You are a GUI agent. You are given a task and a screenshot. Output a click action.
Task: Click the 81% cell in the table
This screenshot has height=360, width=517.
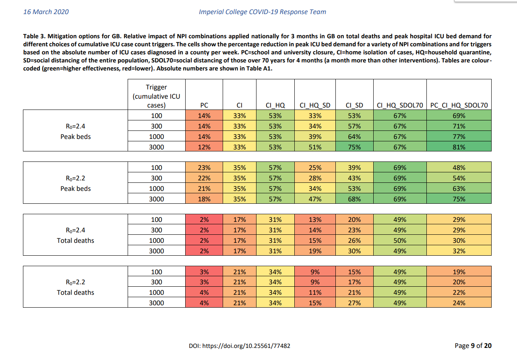[459, 147]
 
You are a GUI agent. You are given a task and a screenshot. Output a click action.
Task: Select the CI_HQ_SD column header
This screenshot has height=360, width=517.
[315, 105]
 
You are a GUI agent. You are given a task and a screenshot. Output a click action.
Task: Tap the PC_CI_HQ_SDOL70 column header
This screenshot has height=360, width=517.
[459, 105]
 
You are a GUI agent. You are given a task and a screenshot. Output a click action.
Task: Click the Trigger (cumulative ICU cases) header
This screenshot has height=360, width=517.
[156, 96]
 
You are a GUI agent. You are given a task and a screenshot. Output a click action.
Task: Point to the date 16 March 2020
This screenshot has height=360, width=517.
[46, 12]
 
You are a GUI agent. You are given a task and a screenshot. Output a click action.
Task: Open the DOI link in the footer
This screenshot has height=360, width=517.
[239, 346]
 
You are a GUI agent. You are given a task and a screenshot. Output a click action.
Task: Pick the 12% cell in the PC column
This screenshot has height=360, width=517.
[204, 147]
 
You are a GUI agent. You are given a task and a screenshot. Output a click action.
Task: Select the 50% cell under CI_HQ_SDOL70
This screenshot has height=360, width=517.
[400, 240]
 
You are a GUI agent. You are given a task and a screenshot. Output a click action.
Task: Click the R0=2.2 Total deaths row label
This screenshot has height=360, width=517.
[75, 287]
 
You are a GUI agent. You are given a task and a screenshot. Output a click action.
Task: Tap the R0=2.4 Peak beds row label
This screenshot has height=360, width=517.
[75, 131]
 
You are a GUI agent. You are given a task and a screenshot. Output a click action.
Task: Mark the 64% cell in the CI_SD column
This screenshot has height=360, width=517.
[354, 137]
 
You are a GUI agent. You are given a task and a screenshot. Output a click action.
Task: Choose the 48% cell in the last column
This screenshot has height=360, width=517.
[459, 168]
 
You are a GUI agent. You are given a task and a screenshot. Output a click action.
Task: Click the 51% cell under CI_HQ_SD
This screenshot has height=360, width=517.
[315, 147]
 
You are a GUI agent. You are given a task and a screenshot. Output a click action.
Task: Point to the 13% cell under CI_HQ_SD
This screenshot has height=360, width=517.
[315, 219]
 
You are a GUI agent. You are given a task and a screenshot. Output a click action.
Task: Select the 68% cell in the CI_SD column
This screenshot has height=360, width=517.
[354, 199]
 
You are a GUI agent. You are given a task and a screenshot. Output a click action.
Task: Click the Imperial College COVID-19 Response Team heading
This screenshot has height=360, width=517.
[263, 12]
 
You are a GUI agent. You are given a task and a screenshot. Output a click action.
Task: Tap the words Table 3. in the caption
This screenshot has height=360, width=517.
[34, 36]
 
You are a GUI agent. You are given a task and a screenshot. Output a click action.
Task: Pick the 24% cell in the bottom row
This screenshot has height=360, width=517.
[459, 303]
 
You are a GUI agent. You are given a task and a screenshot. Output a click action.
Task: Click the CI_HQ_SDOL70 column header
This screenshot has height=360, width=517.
[400, 105]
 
